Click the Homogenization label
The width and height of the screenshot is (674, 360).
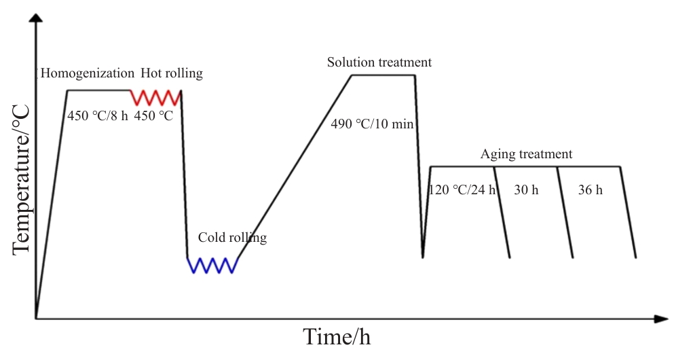[x=88, y=73]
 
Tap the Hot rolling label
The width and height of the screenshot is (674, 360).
[x=172, y=73]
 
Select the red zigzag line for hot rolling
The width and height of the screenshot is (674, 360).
[x=155, y=97]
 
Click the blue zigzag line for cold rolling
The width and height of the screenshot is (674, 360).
[x=212, y=265]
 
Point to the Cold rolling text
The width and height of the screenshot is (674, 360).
[x=232, y=238]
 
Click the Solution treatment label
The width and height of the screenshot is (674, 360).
[x=379, y=62]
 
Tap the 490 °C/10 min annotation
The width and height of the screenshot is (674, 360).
[x=372, y=124]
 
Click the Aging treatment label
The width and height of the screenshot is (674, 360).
[x=526, y=154]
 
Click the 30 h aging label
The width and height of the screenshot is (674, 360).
[x=526, y=190]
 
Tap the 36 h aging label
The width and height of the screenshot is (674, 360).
[x=590, y=190]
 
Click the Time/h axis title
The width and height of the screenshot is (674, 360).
[x=337, y=337]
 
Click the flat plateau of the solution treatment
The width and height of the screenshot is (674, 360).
[x=383, y=75]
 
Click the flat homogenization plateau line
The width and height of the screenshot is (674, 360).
[x=98, y=90]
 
